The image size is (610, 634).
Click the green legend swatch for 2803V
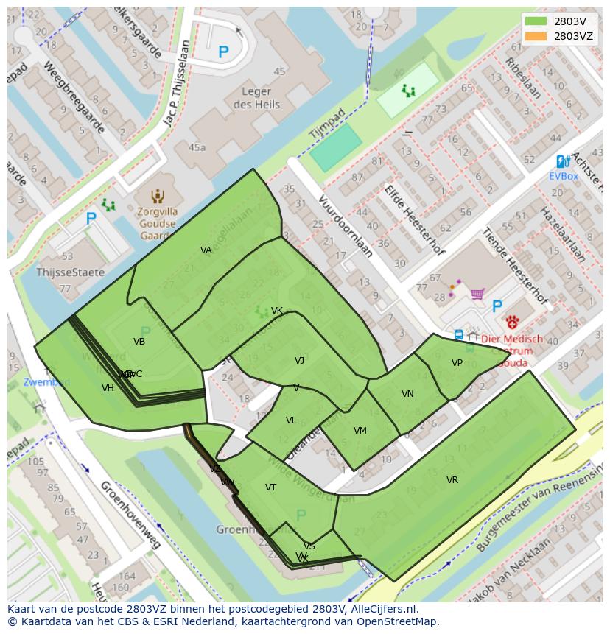[x=536, y=21]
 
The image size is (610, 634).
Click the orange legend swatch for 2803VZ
[x=536, y=35]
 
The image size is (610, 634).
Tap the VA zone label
[x=206, y=250]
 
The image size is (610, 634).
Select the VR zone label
[x=452, y=480]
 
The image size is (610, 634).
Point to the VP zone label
[x=457, y=363]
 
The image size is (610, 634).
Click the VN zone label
[x=407, y=394]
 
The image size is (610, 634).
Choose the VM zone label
[x=360, y=431]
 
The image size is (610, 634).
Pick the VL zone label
[x=291, y=420]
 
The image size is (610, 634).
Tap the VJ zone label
[x=299, y=361]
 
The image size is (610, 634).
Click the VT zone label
[x=270, y=487]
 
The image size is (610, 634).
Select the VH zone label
[x=108, y=388]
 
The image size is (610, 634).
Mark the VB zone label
[x=139, y=342]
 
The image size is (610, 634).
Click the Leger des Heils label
[x=256, y=99]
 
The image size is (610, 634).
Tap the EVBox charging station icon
[x=562, y=161]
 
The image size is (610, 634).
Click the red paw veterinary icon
[x=512, y=322]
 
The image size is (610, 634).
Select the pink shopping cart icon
[x=477, y=294]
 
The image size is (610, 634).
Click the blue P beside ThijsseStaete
[x=91, y=219]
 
